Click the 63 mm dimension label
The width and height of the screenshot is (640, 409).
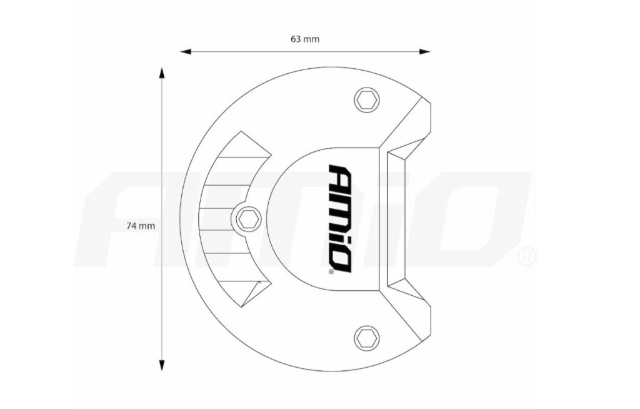(305, 39)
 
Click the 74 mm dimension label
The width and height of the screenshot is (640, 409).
(141, 226)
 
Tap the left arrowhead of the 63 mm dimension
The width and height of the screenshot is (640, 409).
(186, 51)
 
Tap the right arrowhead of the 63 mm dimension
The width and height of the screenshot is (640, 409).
(425, 51)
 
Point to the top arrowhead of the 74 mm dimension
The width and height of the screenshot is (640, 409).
(162, 74)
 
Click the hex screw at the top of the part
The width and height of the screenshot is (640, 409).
(366, 99)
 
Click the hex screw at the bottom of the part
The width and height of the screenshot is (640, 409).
(366, 338)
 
